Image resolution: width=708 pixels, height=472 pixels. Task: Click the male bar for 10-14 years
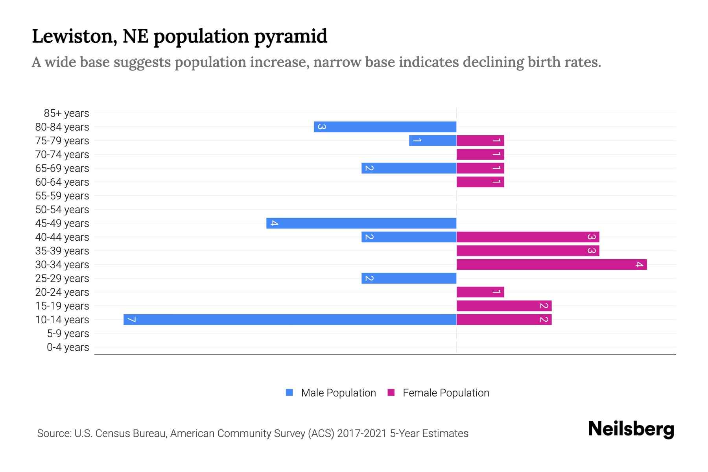tap(290, 319)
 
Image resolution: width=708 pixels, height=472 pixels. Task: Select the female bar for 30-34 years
tap(551, 264)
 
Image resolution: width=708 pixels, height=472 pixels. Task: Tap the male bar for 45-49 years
tap(361, 223)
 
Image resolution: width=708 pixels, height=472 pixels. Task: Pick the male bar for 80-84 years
tap(385, 127)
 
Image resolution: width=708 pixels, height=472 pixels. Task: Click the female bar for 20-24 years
tap(480, 292)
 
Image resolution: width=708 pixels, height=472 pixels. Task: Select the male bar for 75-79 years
tap(433, 140)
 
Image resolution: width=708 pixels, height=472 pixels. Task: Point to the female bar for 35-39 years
tap(527, 251)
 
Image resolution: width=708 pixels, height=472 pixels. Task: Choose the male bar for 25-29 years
tap(409, 278)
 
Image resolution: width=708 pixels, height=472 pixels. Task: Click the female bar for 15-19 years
tap(504, 306)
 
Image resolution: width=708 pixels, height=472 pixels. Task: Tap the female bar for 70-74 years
tap(480, 154)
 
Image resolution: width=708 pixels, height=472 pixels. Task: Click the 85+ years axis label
tap(66, 113)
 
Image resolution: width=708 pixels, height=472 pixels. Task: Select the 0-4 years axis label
tap(68, 347)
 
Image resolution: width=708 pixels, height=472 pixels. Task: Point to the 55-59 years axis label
tap(62, 196)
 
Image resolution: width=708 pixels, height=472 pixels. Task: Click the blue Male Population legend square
tap(289, 393)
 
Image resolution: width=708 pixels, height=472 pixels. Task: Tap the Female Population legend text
tap(446, 393)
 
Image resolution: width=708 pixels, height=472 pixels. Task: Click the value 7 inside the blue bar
tap(132, 319)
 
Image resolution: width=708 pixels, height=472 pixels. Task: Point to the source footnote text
tap(253, 433)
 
